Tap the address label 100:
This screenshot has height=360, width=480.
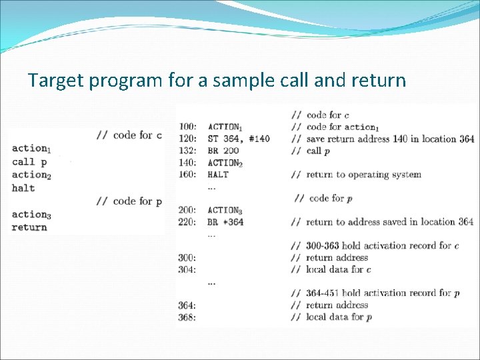pyautogui.click(x=187, y=127)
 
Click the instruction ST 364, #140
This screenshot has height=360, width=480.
pyautogui.click(x=239, y=139)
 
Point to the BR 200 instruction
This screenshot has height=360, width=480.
pyautogui.click(x=223, y=151)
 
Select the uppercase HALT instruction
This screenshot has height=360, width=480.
pyautogui.click(x=218, y=175)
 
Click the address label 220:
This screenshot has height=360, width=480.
pyautogui.click(x=187, y=222)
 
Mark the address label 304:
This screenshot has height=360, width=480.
pyautogui.click(x=187, y=269)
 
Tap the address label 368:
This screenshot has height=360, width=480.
pyautogui.click(x=187, y=317)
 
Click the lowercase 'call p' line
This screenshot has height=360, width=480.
pyautogui.click(x=29, y=161)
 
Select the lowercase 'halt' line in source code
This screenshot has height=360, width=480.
pyautogui.click(x=23, y=188)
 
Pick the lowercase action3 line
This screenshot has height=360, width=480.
pyautogui.click(x=31, y=215)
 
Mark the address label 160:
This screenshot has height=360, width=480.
pyautogui.click(x=187, y=175)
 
